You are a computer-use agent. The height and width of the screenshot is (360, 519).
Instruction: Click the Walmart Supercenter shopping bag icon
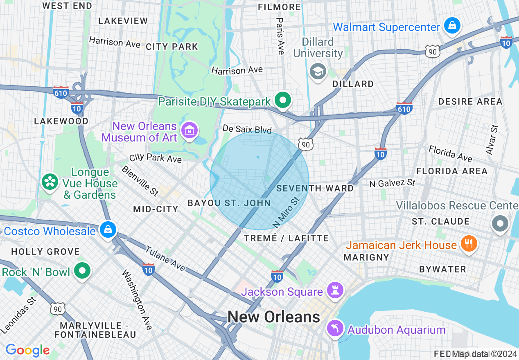tap(453, 25)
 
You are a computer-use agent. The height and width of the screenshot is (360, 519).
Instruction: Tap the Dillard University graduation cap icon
tap(318, 72)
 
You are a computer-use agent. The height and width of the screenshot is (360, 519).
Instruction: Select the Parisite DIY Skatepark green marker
tap(282, 100)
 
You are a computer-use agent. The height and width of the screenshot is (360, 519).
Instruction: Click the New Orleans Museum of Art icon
tap(190, 130)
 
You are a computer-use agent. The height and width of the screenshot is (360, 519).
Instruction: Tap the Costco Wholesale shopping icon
tap(108, 229)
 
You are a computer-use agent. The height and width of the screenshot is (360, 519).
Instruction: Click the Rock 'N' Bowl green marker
tap(83, 270)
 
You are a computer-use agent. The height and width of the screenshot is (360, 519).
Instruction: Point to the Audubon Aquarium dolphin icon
tap(335, 328)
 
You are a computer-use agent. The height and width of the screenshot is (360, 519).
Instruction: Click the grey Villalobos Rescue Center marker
tap(500, 224)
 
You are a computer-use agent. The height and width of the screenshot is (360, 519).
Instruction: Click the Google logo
tap(27, 350)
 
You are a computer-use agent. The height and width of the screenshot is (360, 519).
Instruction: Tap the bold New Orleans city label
tap(274, 317)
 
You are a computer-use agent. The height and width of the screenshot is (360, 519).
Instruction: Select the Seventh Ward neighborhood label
tap(315, 188)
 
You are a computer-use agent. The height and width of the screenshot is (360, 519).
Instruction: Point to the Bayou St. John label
tap(229, 203)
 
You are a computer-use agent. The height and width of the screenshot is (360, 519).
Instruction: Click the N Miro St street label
tap(286, 213)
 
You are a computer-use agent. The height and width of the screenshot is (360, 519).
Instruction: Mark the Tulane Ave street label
tap(165, 259)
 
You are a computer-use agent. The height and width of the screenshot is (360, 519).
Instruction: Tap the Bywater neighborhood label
tap(442, 269)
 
